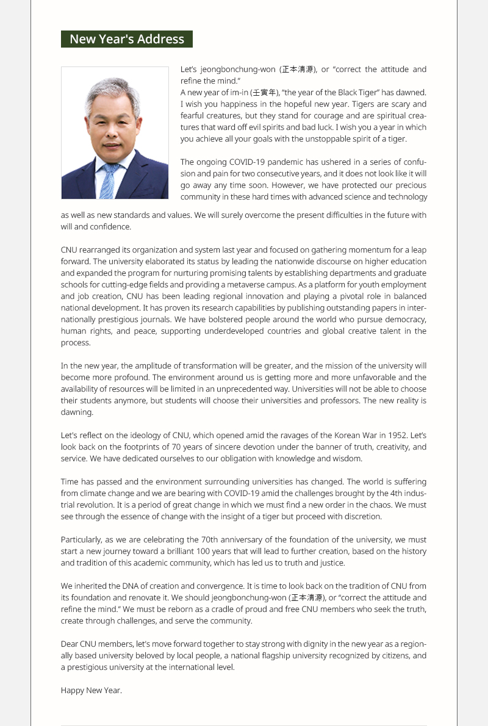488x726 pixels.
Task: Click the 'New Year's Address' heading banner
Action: [127, 39]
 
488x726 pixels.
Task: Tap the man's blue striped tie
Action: [108, 181]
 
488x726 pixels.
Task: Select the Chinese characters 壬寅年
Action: [265, 93]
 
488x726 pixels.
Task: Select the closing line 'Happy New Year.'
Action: [91, 691]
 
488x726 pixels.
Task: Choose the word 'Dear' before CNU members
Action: [70, 644]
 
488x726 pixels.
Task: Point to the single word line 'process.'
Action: [76, 343]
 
